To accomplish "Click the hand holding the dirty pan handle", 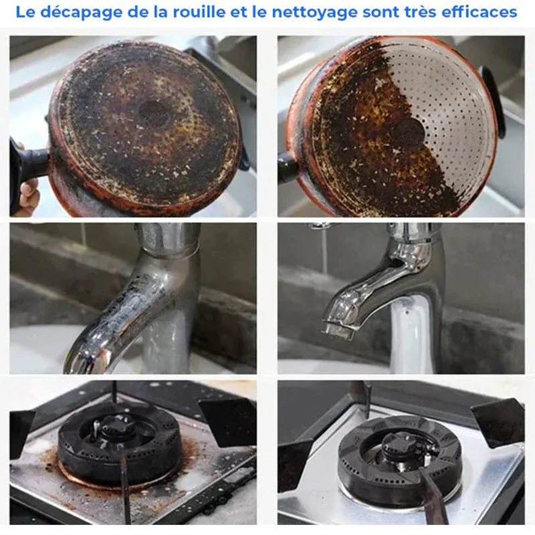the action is coord(27,195).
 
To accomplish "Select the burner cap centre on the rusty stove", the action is coord(112,429).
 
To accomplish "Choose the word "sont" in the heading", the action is coord(379,13).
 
